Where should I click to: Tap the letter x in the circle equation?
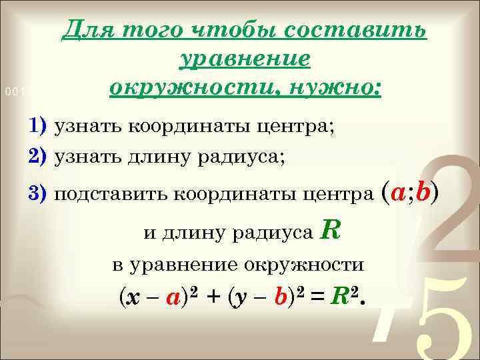[135, 299]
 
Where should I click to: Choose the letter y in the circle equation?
[245, 299]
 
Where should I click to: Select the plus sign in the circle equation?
[212, 299]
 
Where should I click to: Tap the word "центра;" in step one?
[299, 127]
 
